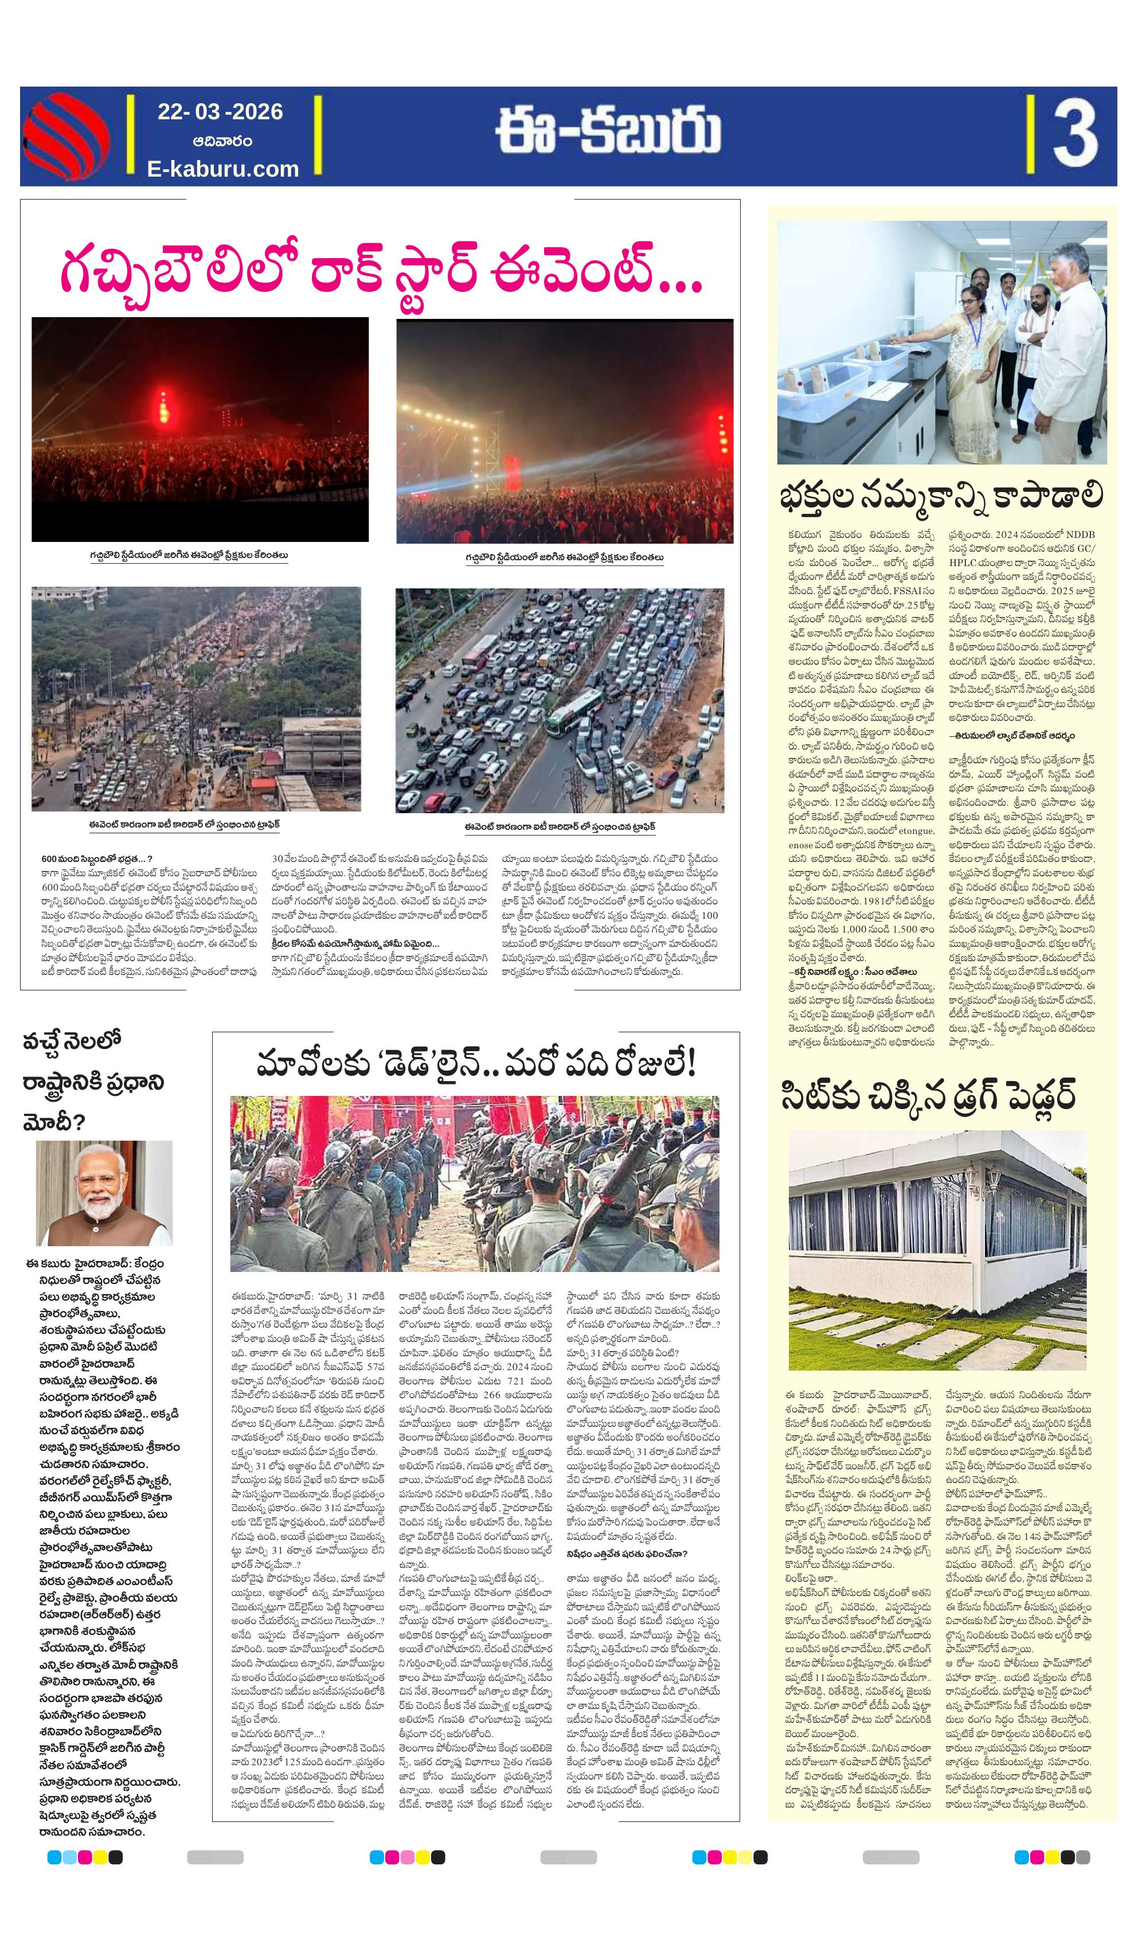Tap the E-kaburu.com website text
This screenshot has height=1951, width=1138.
tap(223, 169)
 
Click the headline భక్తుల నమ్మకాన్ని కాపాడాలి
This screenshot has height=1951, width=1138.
tap(941, 495)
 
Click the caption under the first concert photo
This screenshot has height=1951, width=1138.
tap(189, 556)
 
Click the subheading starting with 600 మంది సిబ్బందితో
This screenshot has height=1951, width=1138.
tap(97, 859)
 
